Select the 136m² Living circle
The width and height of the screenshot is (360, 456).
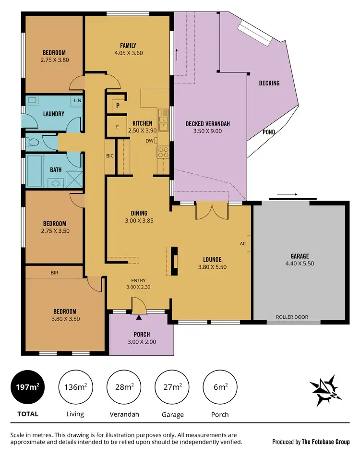pos(75,387)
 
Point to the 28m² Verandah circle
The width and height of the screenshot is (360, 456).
pos(123,387)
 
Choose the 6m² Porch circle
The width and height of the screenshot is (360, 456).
pos(221,387)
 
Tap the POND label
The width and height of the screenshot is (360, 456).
pos(269,132)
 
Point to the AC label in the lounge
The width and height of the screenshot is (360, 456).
pos(243,243)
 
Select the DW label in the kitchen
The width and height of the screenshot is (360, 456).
pos(150,141)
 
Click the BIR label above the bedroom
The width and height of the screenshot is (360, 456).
pos(55,272)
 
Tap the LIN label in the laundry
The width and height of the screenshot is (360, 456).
pos(77,100)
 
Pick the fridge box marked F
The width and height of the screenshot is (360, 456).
pos(118,127)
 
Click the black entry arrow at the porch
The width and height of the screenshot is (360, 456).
pos(139,317)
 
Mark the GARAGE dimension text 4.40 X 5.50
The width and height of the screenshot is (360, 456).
pos(299,264)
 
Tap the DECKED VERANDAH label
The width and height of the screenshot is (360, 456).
pos(208,124)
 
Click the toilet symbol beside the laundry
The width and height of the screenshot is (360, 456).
pos(32,143)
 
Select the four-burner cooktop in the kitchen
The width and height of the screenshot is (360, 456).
pos(163,152)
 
